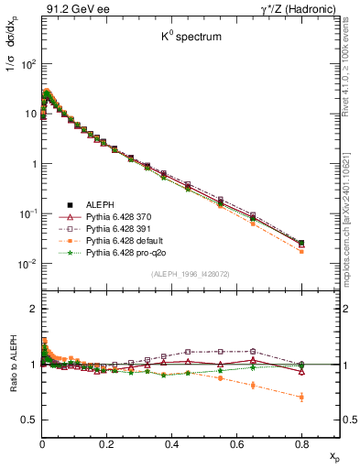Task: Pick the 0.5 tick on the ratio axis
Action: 27,420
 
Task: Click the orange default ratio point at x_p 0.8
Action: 301,397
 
